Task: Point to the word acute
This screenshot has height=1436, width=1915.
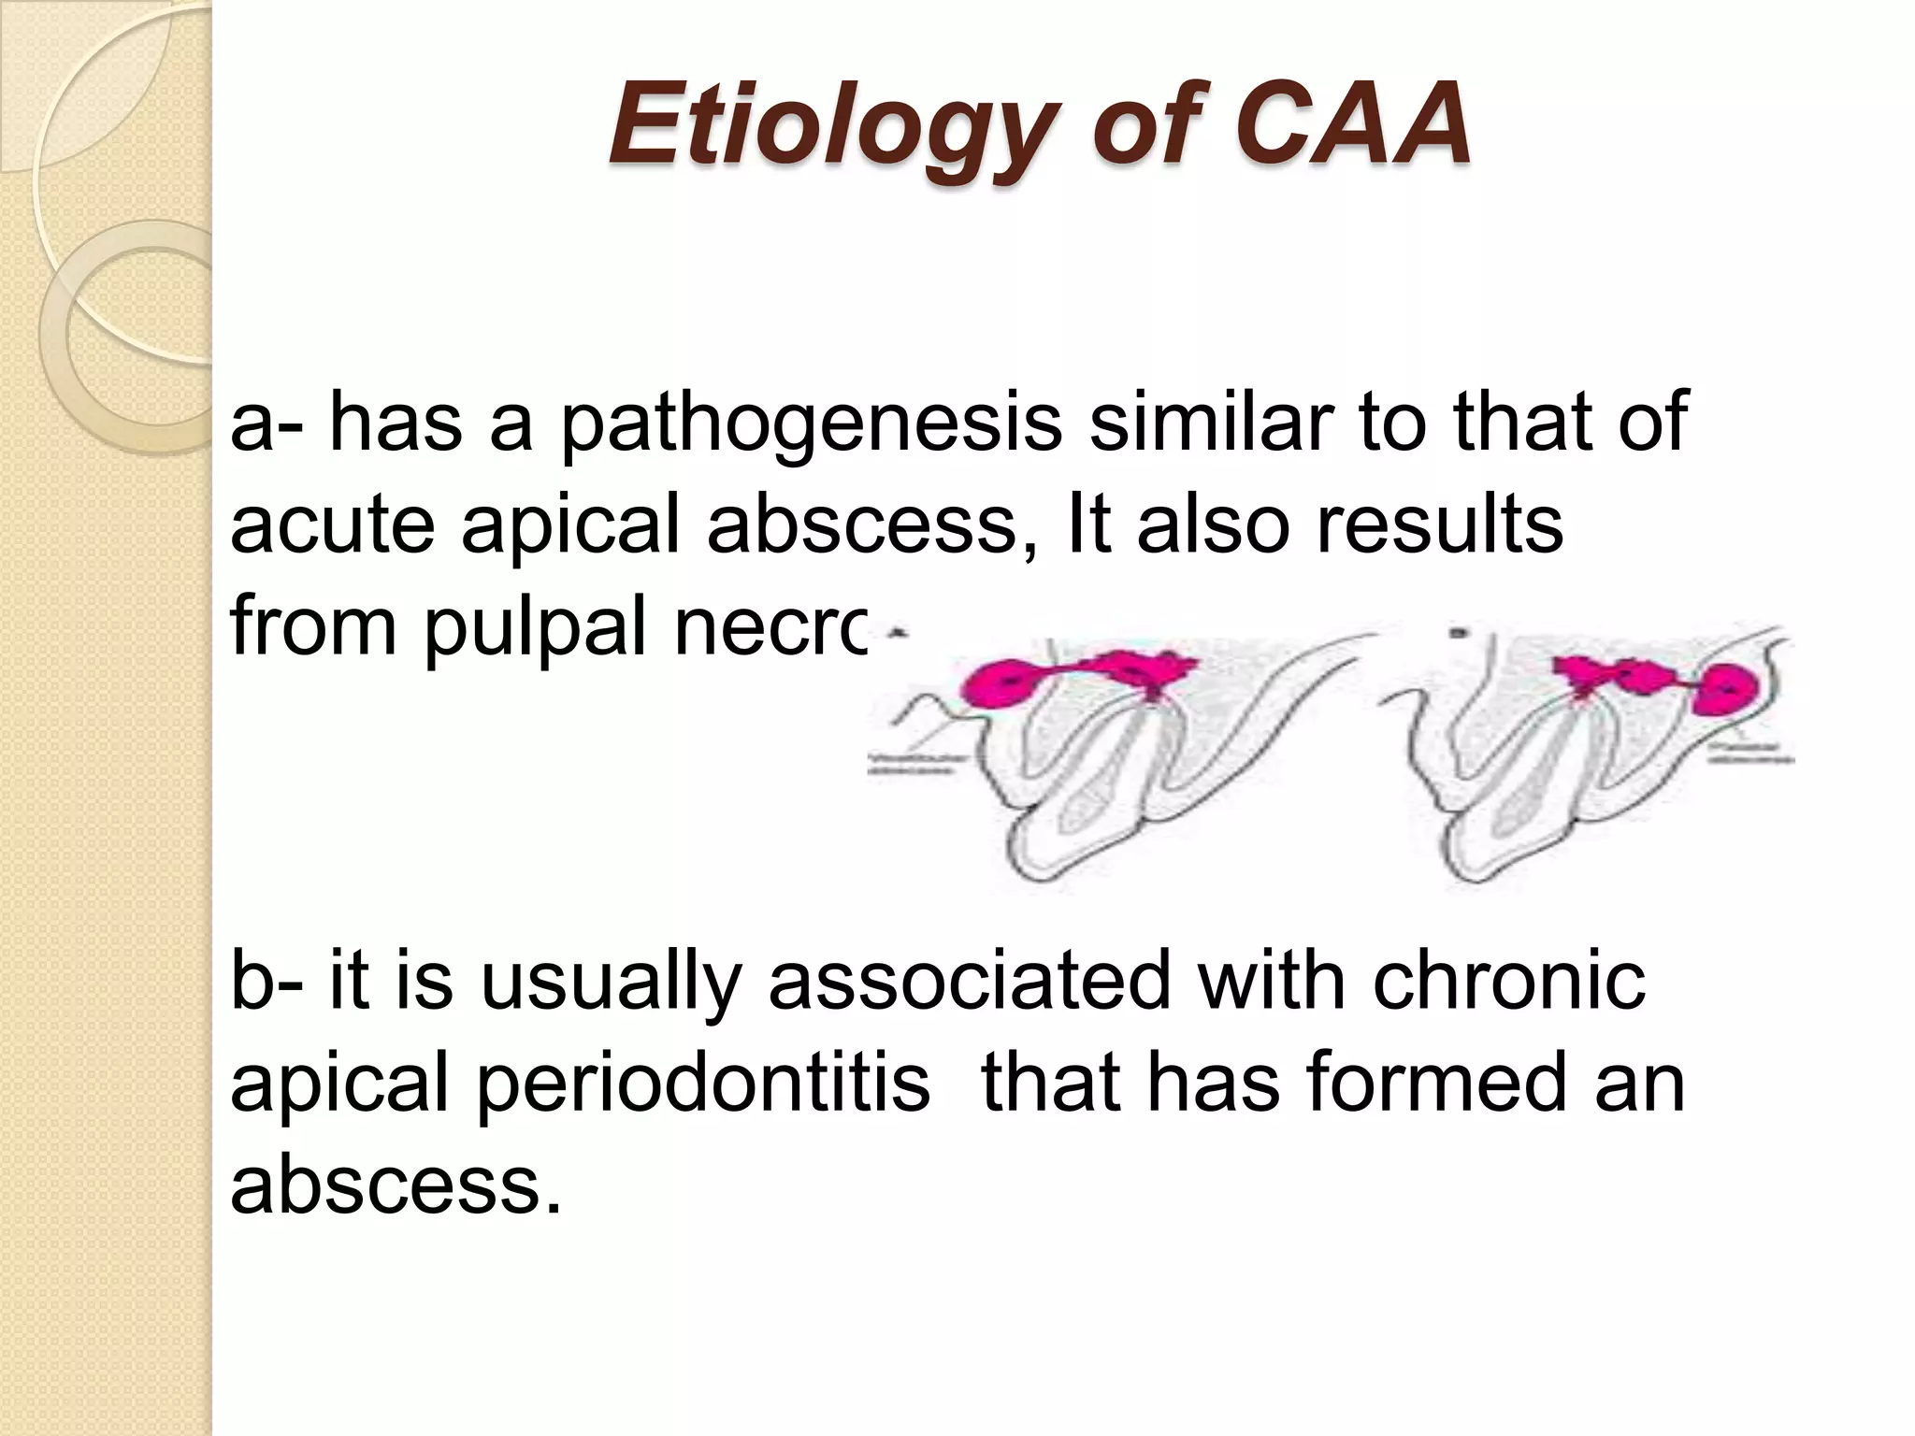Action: pos(332,525)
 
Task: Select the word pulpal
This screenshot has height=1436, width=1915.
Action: pos(538,628)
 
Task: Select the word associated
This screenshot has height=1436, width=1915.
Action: pos(969,980)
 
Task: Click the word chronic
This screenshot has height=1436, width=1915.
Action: pos(1509,980)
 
